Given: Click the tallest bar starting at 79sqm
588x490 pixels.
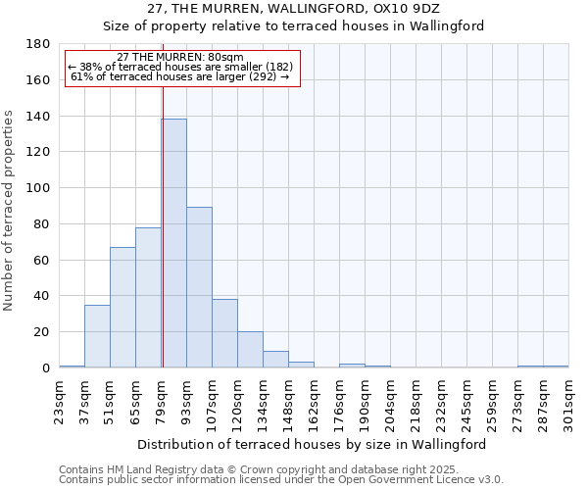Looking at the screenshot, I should point(173,243).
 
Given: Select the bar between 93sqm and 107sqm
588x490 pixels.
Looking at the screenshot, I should point(199,287).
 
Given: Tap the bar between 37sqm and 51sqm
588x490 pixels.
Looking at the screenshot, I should point(97,336).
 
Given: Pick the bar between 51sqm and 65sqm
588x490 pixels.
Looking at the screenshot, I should point(122,307).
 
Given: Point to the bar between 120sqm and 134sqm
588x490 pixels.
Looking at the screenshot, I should point(250,350).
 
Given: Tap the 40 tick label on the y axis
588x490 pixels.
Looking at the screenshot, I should point(41,296).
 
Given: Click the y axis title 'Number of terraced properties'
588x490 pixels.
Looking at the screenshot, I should point(10,211).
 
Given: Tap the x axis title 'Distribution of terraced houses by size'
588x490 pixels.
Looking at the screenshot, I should point(313,444).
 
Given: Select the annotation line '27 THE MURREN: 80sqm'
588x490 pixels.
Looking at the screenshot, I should point(180,58).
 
